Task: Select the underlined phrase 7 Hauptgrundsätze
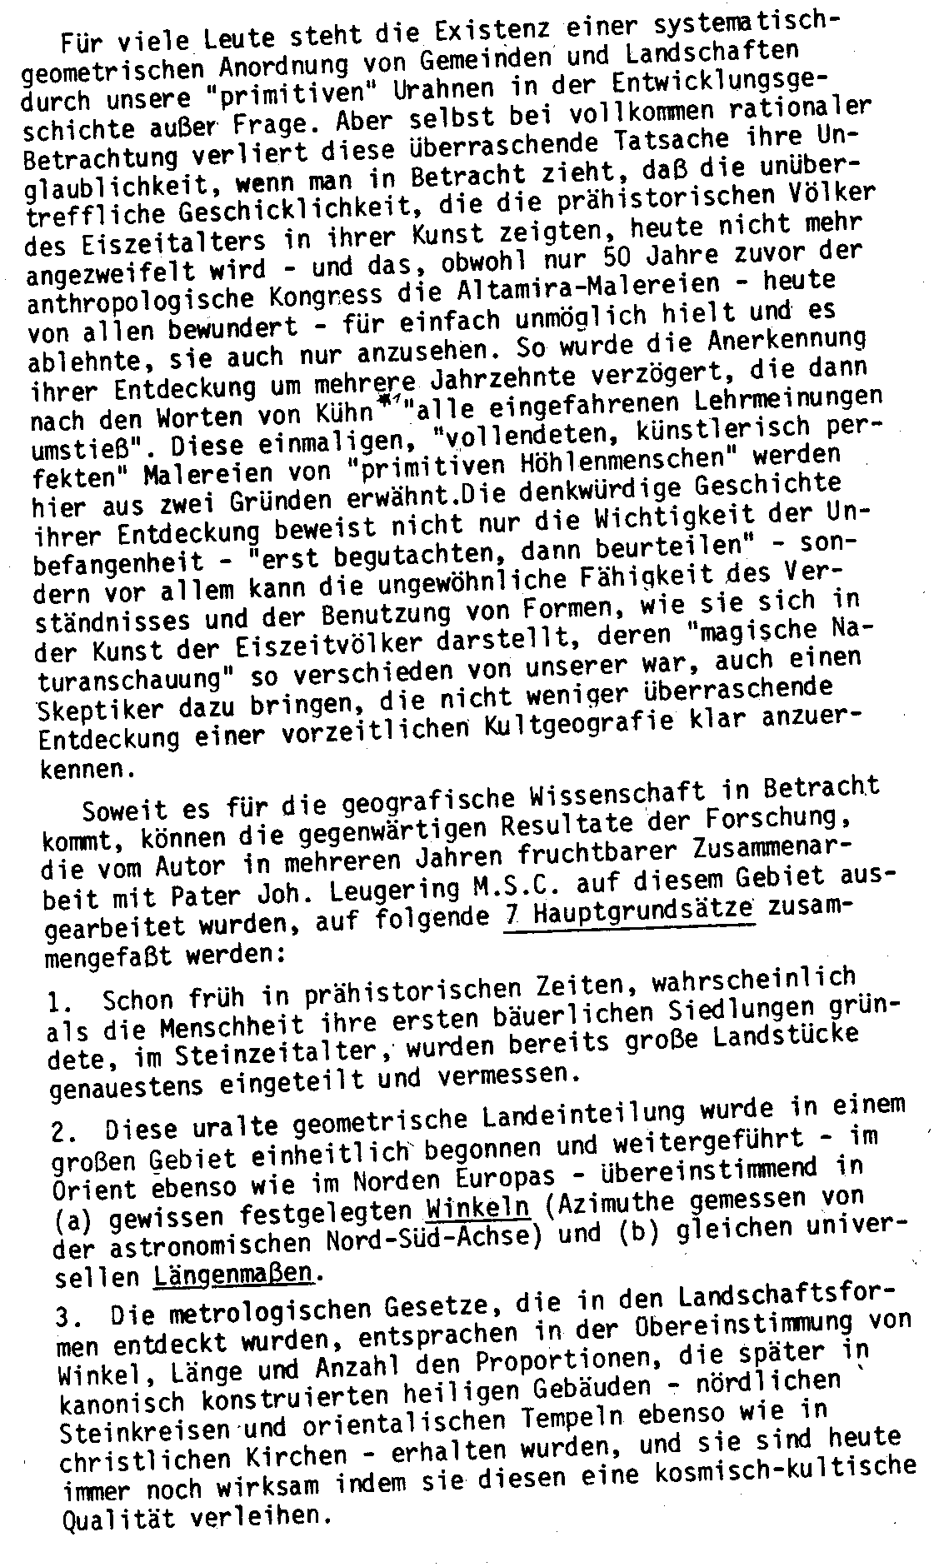(x=629, y=913)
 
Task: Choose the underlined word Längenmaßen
(x=236, y=1276)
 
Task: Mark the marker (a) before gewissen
(x=77, y=1221)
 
